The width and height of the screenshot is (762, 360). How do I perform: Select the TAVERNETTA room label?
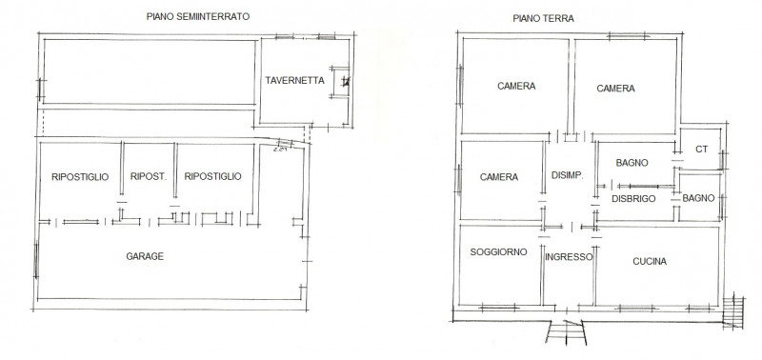[295, 81]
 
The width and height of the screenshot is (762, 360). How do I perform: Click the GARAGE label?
[146, 256]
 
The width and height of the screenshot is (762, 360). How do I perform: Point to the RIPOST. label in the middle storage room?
[148, 176]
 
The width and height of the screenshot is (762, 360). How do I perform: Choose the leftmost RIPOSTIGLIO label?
[81, 176]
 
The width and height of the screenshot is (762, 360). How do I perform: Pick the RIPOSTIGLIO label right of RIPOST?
[212, 176]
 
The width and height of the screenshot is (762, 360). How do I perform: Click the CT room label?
[702, 149]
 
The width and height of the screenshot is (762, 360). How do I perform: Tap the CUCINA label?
[648, 261]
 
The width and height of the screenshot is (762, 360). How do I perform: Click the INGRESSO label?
[569, 257]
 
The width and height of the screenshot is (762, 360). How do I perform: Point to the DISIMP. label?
[569, 174]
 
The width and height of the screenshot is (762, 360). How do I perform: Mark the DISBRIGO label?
[632, 198]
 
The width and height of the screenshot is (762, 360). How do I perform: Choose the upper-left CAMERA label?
[516, 86]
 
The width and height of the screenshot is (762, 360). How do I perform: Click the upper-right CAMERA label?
[615, 89]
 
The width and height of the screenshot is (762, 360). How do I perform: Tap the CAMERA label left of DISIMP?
[499, 177]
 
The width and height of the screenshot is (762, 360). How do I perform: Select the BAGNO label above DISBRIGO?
[632, 163]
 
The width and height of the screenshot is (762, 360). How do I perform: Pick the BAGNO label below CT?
[698, 197]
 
